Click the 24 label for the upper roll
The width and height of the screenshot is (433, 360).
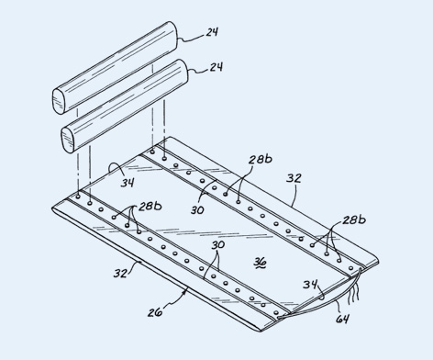tap(212, 32)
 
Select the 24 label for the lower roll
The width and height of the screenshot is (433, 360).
tap(216, 67)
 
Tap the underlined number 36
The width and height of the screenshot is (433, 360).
tap(261, 263)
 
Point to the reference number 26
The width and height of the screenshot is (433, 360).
tap(155, 312)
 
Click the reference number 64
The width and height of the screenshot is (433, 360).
tap(342, 319)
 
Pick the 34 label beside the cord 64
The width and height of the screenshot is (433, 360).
tap(310, 285)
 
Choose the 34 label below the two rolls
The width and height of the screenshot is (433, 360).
tap(128, 183)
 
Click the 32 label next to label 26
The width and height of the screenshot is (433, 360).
tap(120, 273)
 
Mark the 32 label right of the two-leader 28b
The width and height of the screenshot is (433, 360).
tap(294, 178)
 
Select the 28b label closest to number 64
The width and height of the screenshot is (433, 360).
tap(354, 219)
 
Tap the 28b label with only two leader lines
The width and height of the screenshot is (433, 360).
tap(261, 159)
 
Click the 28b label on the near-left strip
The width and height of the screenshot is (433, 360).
tap(150, 207)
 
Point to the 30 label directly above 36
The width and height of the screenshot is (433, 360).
tap(218, 245)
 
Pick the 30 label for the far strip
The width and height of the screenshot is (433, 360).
tap(197, 210)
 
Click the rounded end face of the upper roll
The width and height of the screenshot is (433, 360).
tap(59, 101)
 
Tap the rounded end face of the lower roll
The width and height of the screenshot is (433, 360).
tap(68, 140)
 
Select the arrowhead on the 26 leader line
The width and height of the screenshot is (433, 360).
tap(184, 292)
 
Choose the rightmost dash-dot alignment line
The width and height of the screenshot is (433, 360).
tap(164, 129)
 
